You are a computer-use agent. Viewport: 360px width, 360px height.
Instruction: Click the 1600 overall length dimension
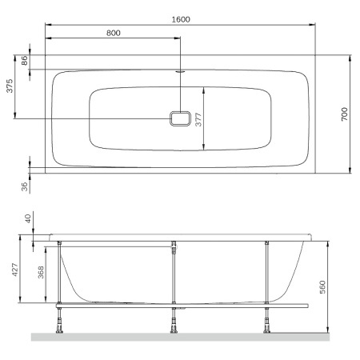(x=180, y=18)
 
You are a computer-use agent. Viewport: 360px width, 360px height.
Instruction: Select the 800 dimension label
(x=113, y=33)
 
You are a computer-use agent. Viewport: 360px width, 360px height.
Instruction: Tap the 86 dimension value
(x=25, y=60)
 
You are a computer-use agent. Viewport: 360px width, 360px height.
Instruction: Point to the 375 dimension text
(x=10, y=87)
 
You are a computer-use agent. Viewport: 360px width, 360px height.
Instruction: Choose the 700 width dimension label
(x=345, y=114)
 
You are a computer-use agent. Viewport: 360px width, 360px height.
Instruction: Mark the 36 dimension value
(x=25, y=186)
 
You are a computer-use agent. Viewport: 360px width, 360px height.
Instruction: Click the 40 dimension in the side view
(x=27, y=218)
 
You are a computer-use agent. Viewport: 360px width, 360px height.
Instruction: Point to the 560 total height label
(x=323, y=286)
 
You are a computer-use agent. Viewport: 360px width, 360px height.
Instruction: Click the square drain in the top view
(x=181, y=118)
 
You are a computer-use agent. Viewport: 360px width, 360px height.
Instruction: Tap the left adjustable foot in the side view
(x=59, y=322)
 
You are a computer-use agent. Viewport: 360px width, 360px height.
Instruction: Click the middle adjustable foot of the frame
(x=174, y=322)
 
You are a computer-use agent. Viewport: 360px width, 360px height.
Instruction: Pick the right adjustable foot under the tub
(x=266, y=322)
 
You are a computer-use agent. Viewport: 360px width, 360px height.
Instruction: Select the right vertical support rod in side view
(x=266, y=272)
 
